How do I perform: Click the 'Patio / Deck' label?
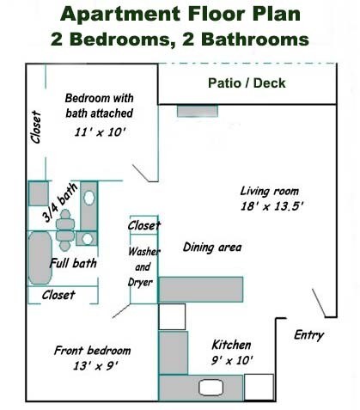247,83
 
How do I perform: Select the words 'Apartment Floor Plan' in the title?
180,15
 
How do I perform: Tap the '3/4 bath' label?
61,201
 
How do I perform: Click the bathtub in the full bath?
38,260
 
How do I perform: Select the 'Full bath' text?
73,263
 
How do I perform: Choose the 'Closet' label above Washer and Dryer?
143,226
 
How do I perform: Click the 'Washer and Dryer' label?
143,267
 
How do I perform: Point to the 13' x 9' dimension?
92,365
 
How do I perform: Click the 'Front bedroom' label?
92,351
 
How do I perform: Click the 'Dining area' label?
212,248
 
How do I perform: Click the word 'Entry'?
308,335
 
